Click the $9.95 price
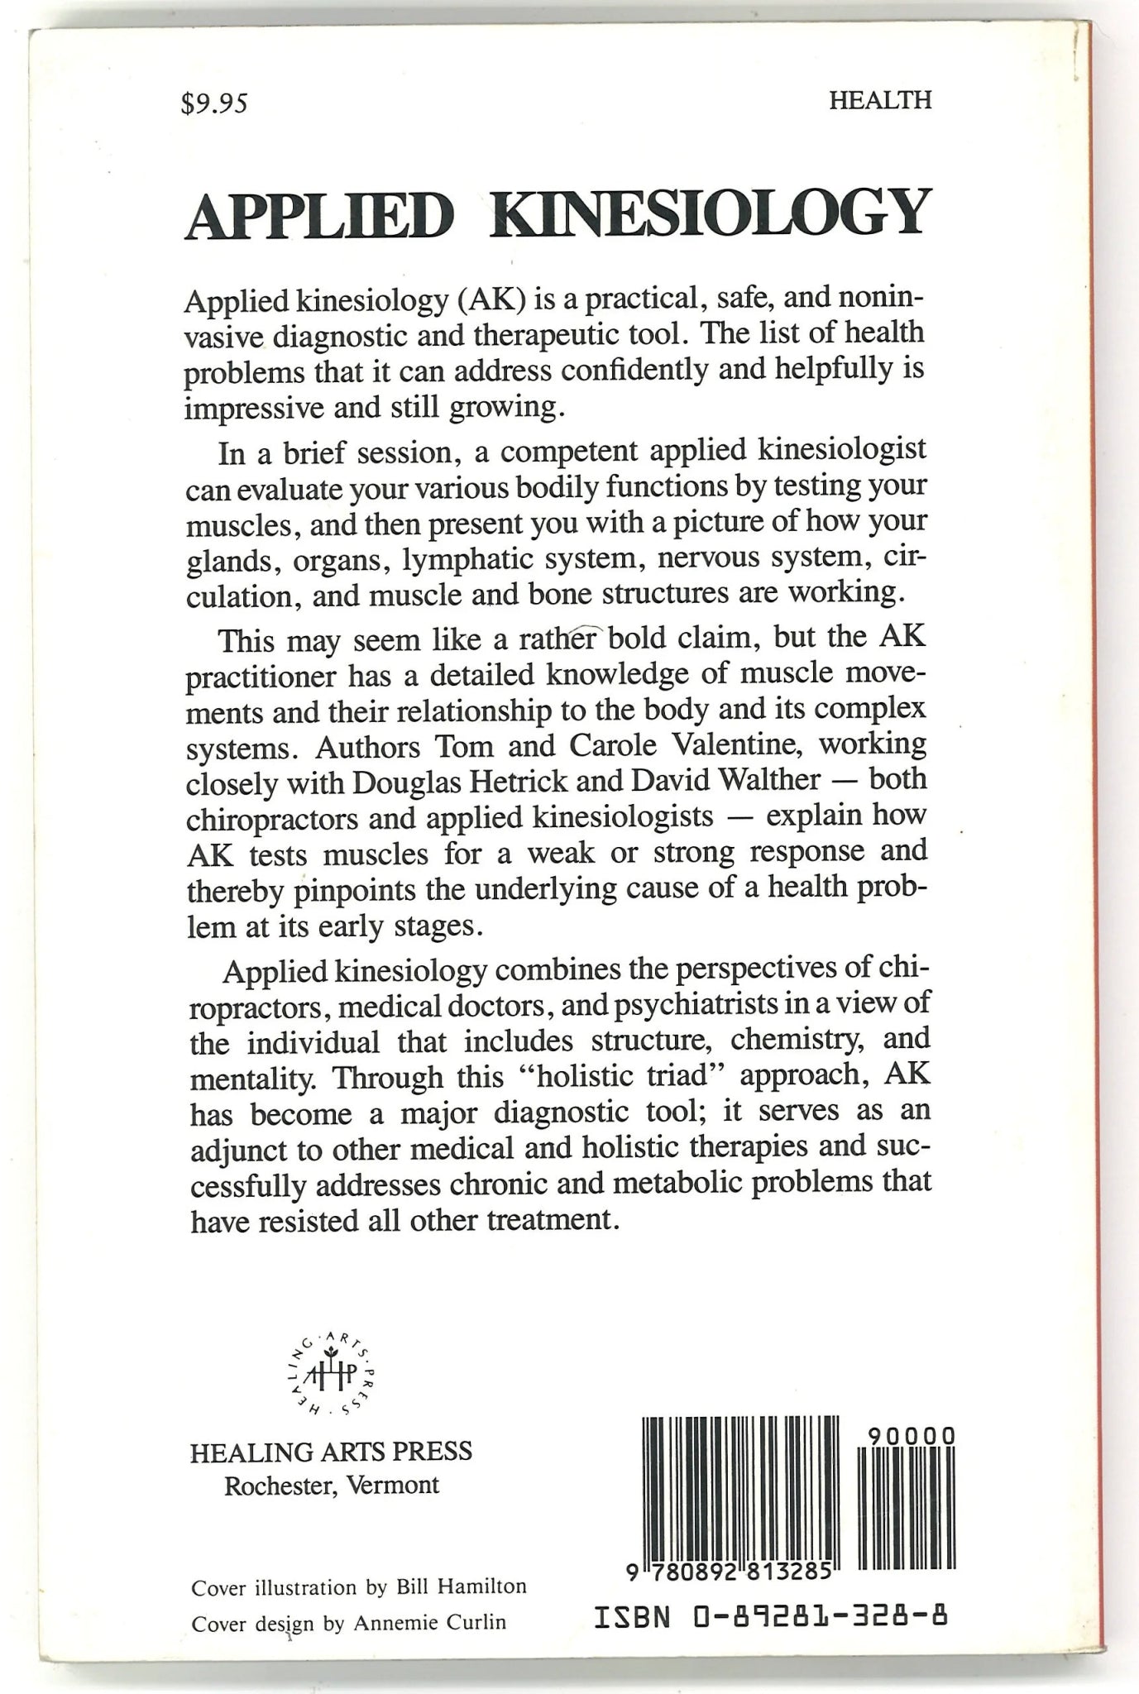click(214, 103)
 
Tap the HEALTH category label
click(880, 100)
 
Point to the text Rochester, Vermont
click(332, 1485)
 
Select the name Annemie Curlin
click(429, 1622)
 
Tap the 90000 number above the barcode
click(913, 1436)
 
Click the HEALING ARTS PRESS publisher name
click(331, 1452)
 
